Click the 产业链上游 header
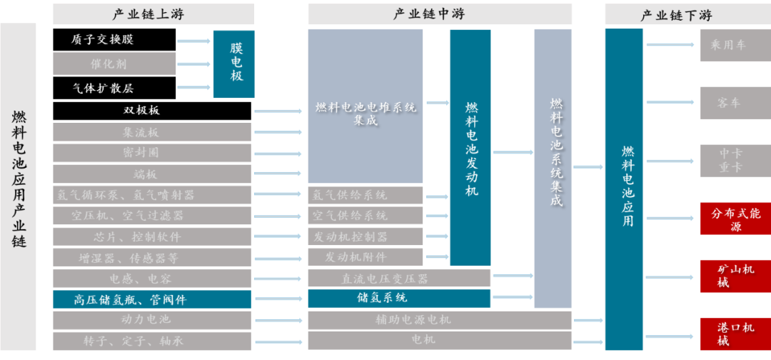(x=153, y=14)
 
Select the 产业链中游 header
(x=439, y=14)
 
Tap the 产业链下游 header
(x=676, y=14)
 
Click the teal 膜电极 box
(x=233, y=64)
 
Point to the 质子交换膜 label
(x=103, y=40)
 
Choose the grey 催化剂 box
(x=114, y=64)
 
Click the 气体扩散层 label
(x=103, y=88)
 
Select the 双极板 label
(x=141, y=111)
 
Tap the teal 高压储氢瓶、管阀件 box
(x=152, y=300)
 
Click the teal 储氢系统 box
(x=398, y=299)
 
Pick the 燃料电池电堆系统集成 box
(x=365, y=107)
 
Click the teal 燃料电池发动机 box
(x=470, y=148)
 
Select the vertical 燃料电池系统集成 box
(x=553, y=169)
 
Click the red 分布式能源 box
(x=735, y=219)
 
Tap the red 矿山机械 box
(x=735, y=276)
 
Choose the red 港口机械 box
(x=735, y=334)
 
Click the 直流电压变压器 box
(x=398, y=279)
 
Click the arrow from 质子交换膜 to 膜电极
(x=193, y=41)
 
